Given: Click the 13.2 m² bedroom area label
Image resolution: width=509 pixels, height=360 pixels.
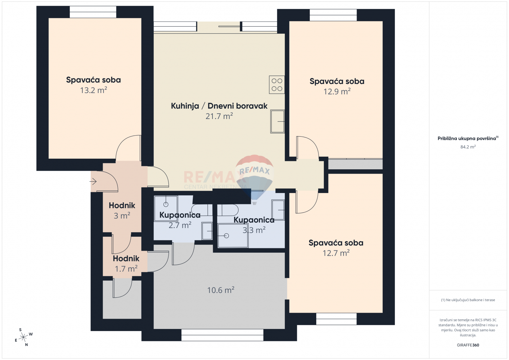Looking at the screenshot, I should tap(93, 90).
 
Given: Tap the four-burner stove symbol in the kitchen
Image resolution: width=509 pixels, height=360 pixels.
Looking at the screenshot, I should tap(277, 85).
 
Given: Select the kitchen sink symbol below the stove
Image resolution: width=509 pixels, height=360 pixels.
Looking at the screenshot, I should tap(277, 122).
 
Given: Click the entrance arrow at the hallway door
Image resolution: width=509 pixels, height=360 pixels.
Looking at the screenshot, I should tap(93, 182).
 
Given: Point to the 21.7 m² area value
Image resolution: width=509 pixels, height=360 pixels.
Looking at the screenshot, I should tap(219, 116).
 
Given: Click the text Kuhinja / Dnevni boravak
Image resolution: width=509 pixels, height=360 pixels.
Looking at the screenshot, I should tap(219, 106).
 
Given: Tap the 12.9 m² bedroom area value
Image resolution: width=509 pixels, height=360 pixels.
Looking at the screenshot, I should tap(337, 92).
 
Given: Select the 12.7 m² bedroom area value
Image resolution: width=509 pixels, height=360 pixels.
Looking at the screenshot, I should tap(336, 253).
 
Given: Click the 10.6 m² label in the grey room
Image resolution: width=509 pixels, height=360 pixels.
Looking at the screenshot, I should tap(220, 290).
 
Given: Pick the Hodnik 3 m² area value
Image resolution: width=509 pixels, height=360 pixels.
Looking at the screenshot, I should tap(122, 216).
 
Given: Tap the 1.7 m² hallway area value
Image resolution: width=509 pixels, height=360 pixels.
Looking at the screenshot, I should tap(126, 269).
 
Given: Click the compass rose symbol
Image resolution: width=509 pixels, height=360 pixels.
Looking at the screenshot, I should tap(23, 337).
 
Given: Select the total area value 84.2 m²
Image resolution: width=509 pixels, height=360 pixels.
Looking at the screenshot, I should tap(468, 147).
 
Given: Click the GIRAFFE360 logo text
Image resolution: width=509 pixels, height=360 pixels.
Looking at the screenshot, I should tap(468, 345).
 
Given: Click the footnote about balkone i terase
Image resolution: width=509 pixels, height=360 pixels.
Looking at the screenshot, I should tap(468, 300).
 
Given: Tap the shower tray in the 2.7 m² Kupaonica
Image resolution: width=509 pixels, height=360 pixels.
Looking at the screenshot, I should tap(166, 208).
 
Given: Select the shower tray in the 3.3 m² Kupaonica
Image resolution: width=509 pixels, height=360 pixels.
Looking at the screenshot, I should tap(233, 236).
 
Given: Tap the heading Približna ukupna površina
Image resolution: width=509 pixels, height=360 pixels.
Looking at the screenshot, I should tap(467, 139).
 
